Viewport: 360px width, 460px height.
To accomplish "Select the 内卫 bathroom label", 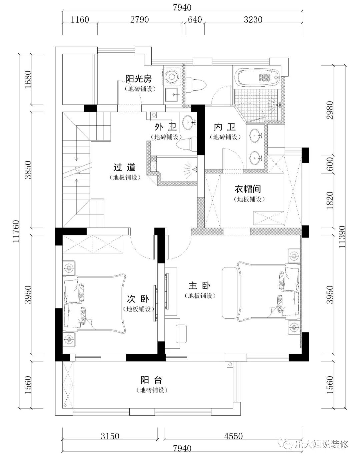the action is pyautogui.click(x=224, y=127).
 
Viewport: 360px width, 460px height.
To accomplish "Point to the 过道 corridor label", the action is pyautogui.click(x=124, y=167).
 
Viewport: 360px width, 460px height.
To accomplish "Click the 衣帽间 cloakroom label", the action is pyautogui.click(x=248, y=189).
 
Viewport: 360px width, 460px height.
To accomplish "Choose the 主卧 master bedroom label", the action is pyautogui.click(x=199, y=285).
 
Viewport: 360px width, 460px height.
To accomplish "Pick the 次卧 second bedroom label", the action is pyautogui.click(x=138, y=299).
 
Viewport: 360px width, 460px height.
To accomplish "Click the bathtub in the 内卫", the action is pyautogui.click(x=258, y=78).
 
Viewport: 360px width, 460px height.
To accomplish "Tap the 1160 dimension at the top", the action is pyautogui.click(x=80, y=20).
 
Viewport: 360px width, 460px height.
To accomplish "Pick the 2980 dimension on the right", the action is pyautogui.click(x=330, y=110).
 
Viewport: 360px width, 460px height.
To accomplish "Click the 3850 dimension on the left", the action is pyautogui.click(x=28, y=170).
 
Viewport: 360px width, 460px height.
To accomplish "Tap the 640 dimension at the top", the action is pyautogui.click(x=195, y=20).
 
